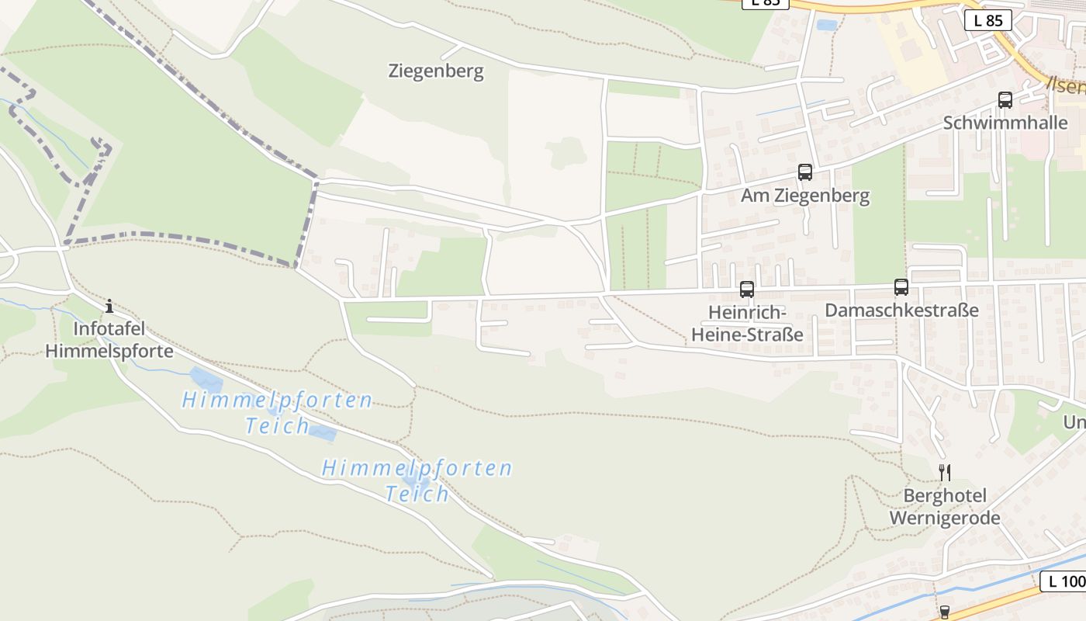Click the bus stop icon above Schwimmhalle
tap(1005, 100)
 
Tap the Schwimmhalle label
tap(1005, 123)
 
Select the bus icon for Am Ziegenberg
tap(805, 172)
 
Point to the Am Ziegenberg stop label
tap(805, 196)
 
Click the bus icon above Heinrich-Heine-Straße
tap(746, 290)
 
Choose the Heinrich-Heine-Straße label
tap(746, 324)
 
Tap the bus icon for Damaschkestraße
tap(901, 287)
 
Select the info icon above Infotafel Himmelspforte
tap(109, 306)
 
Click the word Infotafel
tap(109, 329)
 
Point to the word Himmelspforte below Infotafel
tap(109, 351)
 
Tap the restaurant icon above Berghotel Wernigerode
tap(944, 472)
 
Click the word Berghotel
tap(944, 495)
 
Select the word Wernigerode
tap(944, 518)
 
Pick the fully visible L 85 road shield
tap(987, 21)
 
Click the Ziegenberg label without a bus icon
tap(435, 71)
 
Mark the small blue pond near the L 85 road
tap(827, 25)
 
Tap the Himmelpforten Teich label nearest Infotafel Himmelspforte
tap(277, 412)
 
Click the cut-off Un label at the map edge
tap(1074, 422)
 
